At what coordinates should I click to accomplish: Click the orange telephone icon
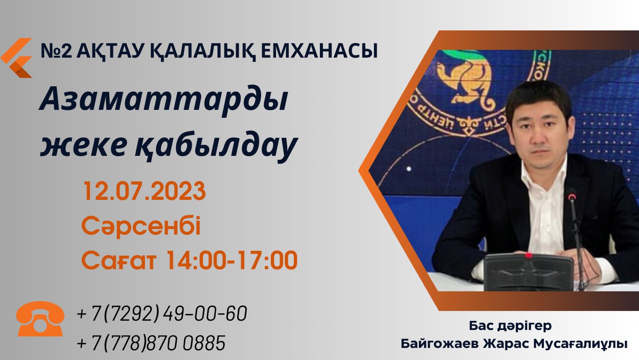(40, 319)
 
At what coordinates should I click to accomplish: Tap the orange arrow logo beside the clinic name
(16, 58)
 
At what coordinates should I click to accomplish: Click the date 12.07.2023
(144, 191)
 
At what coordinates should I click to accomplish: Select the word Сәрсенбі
(141, 226)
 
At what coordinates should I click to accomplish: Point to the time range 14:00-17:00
(232, 260)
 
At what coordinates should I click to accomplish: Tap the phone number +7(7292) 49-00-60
(162, 314)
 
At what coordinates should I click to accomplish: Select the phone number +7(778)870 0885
(151, 342)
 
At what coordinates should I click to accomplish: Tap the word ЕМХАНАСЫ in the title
(319, 51)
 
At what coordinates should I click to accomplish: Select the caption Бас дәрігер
(510, 326)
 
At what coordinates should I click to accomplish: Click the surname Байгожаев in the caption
(440, 344)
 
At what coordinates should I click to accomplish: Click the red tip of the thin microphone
(572, 197)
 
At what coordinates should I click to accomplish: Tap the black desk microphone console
(529, 272)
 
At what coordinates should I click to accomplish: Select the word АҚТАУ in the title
(109, 51)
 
